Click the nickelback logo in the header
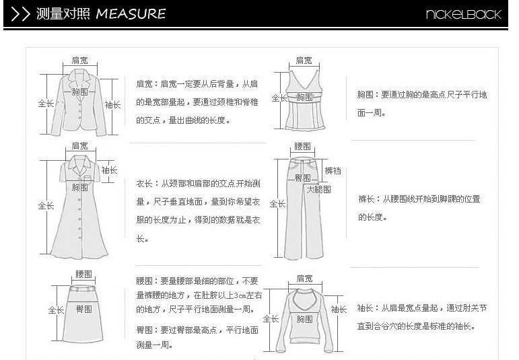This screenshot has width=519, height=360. [x=463, y=14]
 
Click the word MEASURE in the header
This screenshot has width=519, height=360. [x=131, y=14]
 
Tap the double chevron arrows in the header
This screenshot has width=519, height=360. [x=20, y=14]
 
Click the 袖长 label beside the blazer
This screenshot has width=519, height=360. [x=112, y=105]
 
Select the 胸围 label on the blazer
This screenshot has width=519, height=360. [x=80, y=92]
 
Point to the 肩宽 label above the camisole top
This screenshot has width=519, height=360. [x=304, y=60]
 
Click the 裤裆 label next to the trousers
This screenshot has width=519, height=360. [x=333, y=171]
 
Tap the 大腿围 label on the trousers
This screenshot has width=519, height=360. [x=318, y=189]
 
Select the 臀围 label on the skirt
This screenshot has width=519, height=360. [x=83, y=309]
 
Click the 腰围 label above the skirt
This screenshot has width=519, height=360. [x=83, y=274]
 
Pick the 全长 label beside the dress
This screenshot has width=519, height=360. [x=46, y=205]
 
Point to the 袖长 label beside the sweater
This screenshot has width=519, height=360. [x=339, y=310]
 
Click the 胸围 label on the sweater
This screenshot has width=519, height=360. [x=304, y=319]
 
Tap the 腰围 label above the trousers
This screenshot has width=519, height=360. [x=302, y=146]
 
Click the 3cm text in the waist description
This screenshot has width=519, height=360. [x=240, y=295]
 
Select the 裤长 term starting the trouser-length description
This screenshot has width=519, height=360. [x=366, y=199]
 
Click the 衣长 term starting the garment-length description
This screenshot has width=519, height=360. [x=144, y=183]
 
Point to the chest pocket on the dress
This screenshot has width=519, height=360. [x=88, y=179]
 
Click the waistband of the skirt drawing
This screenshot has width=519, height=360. [x=82, y=288]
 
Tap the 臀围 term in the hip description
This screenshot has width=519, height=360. [x=144, y=330]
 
